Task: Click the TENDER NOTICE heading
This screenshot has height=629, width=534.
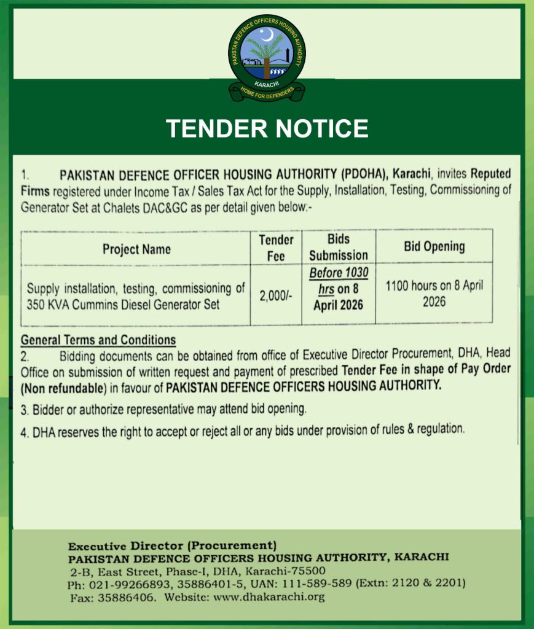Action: [267, 128]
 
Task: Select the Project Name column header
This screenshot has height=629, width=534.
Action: [136, 249]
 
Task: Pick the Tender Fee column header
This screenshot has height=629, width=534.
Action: [276, 248]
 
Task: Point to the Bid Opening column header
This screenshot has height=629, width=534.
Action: [434, 246]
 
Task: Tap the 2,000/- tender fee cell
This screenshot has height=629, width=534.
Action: [276, 295]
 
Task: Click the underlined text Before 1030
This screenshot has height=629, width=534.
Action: [338, 273]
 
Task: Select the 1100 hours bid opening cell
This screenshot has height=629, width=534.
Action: [434, 294]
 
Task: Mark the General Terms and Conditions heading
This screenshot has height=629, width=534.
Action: [98, 340]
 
